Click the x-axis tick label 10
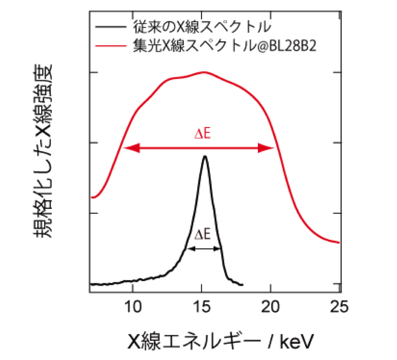[x=133, y=307]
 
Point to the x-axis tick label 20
[x=271, y=307]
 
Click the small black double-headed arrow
[x=203, y=249]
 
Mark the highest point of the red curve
[x=203, y=72]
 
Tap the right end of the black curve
[x=243, y=285]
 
